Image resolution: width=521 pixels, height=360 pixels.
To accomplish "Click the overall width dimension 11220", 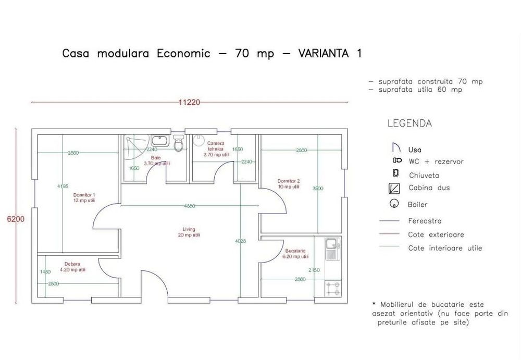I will click(189, 102).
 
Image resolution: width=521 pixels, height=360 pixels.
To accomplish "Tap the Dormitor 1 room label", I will click(84, 197).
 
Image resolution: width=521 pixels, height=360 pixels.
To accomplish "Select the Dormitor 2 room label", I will click(288, 183).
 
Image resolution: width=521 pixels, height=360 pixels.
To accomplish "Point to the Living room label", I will click(189, 232).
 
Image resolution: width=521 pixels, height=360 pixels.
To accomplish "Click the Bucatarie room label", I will click(295, 253).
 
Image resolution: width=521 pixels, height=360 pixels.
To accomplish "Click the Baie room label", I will click(156, 160).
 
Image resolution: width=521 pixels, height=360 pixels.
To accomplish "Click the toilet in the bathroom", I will click(179, 144).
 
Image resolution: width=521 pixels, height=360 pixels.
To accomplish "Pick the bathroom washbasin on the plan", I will click(159, 141).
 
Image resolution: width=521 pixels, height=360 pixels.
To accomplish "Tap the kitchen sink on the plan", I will click(332, 249).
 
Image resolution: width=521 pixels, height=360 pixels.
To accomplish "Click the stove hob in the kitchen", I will click(332, 288).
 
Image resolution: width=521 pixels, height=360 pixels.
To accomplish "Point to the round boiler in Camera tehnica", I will click(199, 140).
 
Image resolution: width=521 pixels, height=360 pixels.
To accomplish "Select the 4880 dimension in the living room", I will click(189, 206).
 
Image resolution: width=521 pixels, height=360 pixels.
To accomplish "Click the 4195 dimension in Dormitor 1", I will click(63, 186).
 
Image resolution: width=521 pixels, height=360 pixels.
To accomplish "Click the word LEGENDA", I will click(410, 124).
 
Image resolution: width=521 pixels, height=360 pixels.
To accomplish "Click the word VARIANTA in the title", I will click(324, 54).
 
